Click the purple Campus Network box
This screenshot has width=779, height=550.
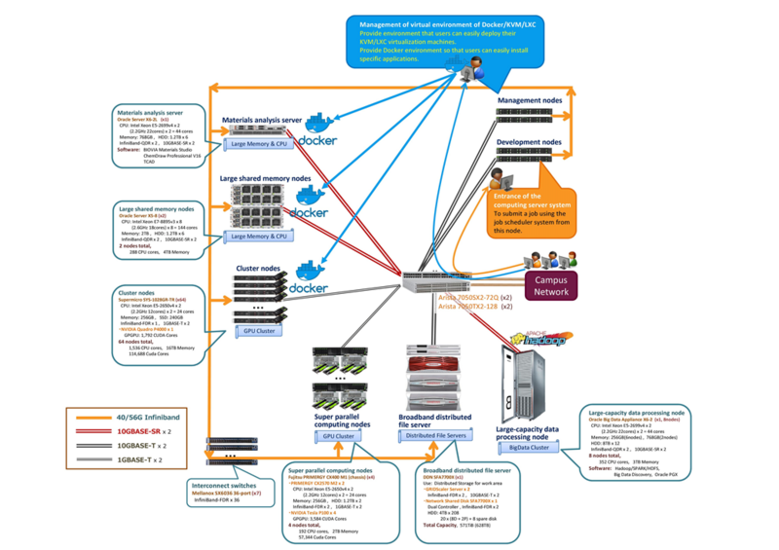click(551, 284)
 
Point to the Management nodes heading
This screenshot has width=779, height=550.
click(530, 101)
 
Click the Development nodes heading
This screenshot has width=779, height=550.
click(530, 142)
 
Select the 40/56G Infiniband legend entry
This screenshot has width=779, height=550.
click(146, 418)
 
